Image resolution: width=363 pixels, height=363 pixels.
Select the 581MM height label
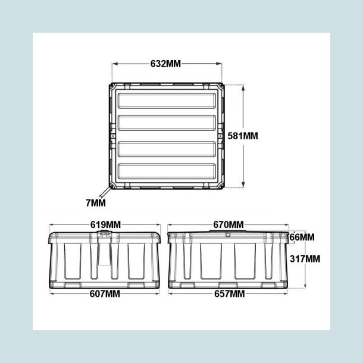[243, 136]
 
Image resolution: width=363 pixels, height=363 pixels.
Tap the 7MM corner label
[95, 203]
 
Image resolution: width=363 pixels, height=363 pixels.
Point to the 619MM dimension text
[105, 224]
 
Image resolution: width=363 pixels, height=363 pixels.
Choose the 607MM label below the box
[105, 294]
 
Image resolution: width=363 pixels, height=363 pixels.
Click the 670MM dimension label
[229, 224]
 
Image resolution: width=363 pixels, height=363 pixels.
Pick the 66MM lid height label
[302, 237]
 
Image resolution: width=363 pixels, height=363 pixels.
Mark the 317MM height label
[305, 259]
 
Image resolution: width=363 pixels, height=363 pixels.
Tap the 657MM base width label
[229, 294]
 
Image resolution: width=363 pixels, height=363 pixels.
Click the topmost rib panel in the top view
[166, 100]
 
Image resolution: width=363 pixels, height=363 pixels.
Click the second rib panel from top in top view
[166, 124]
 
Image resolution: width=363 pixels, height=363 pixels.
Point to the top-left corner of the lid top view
[113, 87]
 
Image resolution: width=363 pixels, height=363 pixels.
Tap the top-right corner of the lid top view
[222, 87]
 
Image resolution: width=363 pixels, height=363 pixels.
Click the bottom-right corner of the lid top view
[222, 186]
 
